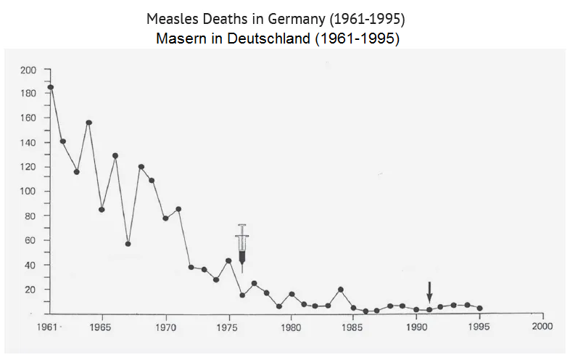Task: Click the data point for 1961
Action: (51, 87)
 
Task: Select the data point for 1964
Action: (88, 123)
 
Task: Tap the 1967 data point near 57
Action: (128, 244)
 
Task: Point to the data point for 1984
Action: (340, 290)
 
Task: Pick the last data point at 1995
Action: (479, 308)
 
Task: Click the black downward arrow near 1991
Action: (429, 292)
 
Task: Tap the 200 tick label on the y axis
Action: (28, 70)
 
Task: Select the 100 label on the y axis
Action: (28, 192)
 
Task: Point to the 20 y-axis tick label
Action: (30, 290)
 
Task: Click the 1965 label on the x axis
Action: (102, 327)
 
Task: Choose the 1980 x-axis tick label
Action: (291, 327)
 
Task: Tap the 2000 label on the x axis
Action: (542, 327)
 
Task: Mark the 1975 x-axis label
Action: (228, 327)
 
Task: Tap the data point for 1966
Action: (115, 155)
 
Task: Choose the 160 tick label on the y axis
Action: (28, 118)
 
